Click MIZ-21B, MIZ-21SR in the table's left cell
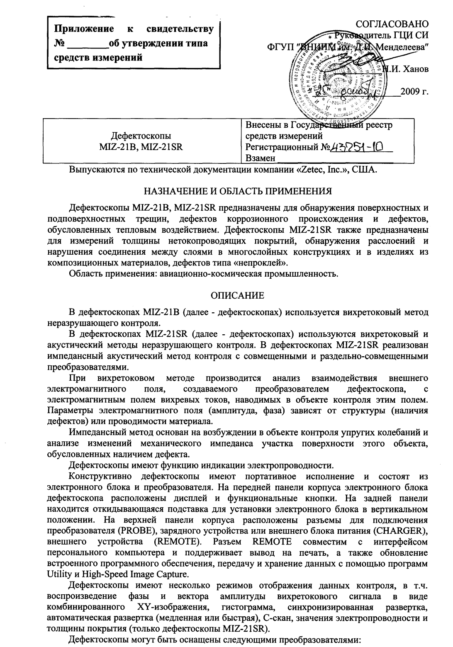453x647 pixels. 141,146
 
